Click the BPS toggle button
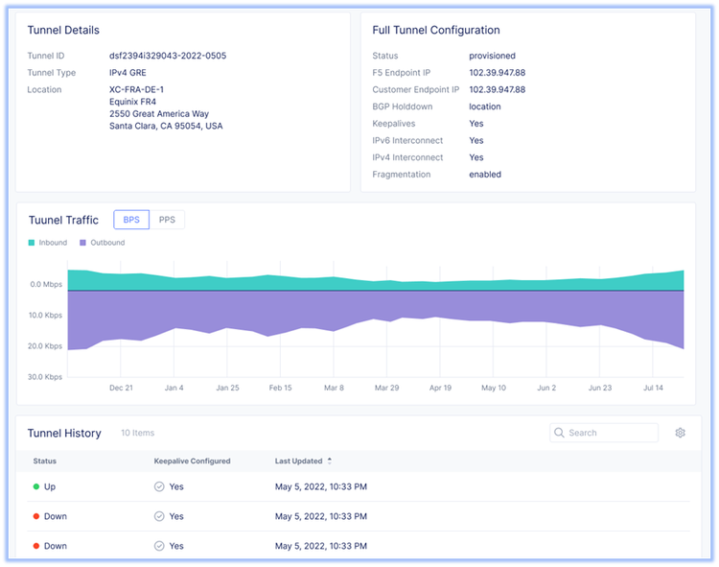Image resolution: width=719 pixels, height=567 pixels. pyautogui.click(x=131, y=220)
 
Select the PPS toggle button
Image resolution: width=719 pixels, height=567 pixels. pyautogui.click(x=167, y=220)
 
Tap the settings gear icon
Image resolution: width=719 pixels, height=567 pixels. pyautogui.click(x=680, y=433)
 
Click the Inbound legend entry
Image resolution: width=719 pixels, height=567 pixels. pyautogui.click(x=48, y=243)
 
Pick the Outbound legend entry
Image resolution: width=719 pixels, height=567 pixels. pyautogui.click(x=102, y=243)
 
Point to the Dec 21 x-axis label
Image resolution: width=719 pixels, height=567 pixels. pyautogui.click(x=121, y=389)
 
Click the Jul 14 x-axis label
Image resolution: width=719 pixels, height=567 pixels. pyautogui.click(x=653, y=389)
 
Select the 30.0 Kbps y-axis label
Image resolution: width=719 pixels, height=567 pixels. pyautogui.click(x=44, y=377)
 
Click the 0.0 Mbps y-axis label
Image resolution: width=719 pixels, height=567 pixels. pyautogui.click(x=46, y=285)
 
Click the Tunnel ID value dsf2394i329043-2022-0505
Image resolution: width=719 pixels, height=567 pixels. pyautogui.click(x=167, y=56)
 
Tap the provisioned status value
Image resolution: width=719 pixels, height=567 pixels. pyautogui.click(x=492, y=56)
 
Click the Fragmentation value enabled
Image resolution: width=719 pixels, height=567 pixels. pyautogui.click(x=485, y=175)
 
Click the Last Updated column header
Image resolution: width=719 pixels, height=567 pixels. pyautogui.click(x=302, y=461)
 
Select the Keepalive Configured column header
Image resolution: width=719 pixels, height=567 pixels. pyautogui.click(x=192, y=461)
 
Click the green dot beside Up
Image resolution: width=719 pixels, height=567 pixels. pyautogui.click(x=35, y=487)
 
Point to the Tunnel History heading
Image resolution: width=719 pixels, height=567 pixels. pyautogui.click(x=64, y=434)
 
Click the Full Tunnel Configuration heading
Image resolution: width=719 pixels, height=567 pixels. pyautogui.click(x=435, y=31)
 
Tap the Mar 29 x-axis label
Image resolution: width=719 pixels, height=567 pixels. pyautogui.click(x=386, y=389)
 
